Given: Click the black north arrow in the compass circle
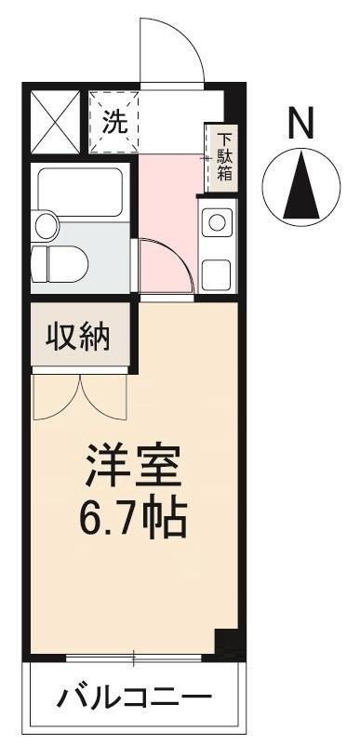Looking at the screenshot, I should [300, 185].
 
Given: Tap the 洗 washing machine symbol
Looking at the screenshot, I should [113, 122].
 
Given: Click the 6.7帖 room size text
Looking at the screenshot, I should [131, 517].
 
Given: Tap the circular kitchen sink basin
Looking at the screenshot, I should [218, 223].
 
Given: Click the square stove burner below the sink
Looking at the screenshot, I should [218, 273].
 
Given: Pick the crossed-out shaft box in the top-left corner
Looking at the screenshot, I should [55, 123].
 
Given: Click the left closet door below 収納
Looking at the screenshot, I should [58, 395].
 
